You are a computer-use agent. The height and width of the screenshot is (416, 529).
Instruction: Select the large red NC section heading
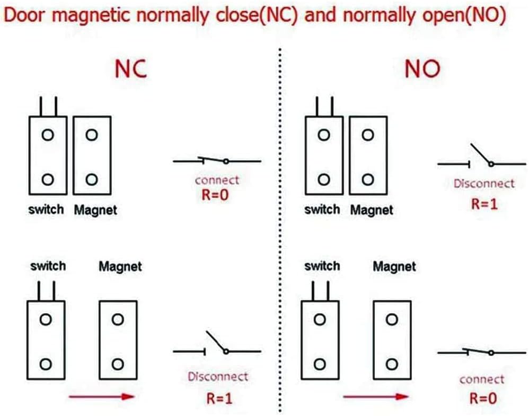131,69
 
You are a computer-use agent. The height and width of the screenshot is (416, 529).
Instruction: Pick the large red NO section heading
422,69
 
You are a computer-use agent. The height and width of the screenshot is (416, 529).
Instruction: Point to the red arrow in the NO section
376,396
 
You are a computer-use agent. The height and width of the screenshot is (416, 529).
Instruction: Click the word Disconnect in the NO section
483,184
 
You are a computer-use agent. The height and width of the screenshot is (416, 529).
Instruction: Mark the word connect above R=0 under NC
217,180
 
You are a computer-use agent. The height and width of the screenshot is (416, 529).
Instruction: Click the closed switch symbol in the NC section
217,160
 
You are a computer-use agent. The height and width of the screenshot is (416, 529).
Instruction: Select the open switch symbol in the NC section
217,346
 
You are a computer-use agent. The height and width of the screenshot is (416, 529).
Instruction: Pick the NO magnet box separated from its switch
392,341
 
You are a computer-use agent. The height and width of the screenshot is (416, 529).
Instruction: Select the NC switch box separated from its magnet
46,341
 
